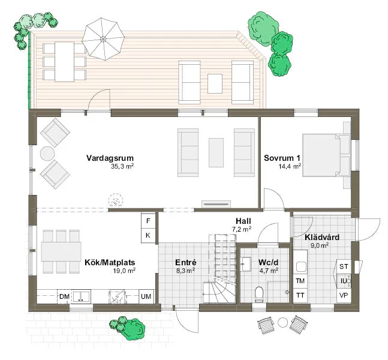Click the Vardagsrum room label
[x=110, y=158]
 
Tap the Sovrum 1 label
[x=282, y=158]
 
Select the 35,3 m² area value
[x=122, y=166]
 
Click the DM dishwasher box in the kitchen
[x=64, y=296]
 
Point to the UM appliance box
[x=146, y=296]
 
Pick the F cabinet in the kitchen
[x=148, y=221]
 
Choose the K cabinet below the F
[x=148, y=235]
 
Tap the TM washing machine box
[x=300, y=281]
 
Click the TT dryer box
[x=300, y=296]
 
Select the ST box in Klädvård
[x=344, y=266]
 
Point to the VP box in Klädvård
[x=344, y=295]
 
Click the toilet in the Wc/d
[x=259, y=295]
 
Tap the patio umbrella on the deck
[x=103, y=39]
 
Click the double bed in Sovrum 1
[x=326, y=155]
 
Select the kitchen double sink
[x=81, y=296]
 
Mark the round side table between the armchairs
[x=47, y=154]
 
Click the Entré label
[x=185, y=262]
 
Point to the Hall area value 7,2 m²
[x=242, y=229]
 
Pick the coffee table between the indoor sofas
[x=216, y=152]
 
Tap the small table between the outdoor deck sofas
[x=215, y=83]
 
